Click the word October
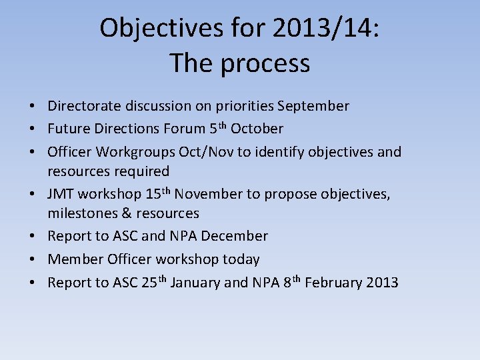click(257, 129)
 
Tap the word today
click(242, 259)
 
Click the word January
click(195, 283)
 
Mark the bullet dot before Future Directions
click(32, 129)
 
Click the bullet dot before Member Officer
click(32, 259)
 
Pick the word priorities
click(243, 106)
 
